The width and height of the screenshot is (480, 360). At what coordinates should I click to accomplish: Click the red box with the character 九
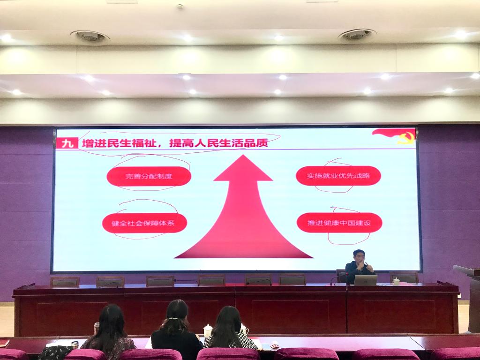click(x=67, y=143)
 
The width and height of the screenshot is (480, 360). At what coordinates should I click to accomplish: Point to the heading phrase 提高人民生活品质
click(x=218, y=142)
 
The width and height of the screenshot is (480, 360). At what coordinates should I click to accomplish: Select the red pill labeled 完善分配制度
click(x=149, y=176)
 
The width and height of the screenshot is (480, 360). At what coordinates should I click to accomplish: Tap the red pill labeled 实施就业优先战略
click(x=338, y=176)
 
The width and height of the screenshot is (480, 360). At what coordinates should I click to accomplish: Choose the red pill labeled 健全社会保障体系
click(x=144, y=223)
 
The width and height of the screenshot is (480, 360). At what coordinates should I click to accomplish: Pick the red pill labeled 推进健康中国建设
click(x=339, y=223)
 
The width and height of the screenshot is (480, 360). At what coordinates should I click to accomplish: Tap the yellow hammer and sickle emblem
click(x=406, y=137)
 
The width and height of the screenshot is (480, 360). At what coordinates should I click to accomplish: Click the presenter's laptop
click(x=366, y=280)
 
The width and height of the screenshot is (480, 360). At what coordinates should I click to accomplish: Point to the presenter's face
click(x=359, y=257)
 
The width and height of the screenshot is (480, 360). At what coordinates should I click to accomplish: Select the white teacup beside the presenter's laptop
click(x=396, y=281)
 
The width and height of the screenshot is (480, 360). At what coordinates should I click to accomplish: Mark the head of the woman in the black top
click(x=177, y=314)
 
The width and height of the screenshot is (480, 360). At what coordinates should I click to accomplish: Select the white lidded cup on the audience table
click(x=208, y=331)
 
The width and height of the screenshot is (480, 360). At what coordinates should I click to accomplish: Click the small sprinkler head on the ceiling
click(x=180, y=6)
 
